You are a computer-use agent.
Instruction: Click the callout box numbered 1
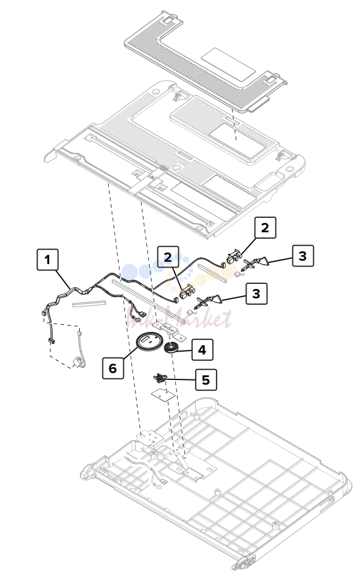click(x=47, y=260)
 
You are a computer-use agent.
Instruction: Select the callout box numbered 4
click(x=202, y=349)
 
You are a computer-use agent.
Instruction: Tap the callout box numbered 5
click(x=206, y=379)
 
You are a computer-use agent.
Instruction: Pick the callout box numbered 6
click(x=113, y=368)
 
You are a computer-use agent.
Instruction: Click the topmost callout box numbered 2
click(x=265, y=228)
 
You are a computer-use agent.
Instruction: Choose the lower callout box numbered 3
click(x=256, y=294)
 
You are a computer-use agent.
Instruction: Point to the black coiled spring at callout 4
click(x=171, y=348)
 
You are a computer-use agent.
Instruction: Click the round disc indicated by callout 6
click(x=150, y=341)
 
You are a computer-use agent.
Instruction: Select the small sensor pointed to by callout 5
click(x=160, y=378)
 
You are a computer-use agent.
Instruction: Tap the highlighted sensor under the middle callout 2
click(x=187, y=291)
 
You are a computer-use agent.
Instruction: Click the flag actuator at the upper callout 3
click(x=256, y=263)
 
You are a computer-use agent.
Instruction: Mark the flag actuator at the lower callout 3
click(x=210, y=300)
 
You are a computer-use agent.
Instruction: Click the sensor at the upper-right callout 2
click(x=234, y=257)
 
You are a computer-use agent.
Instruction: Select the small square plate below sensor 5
click(x=163, y=393)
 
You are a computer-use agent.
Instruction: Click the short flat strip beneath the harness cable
click(x=89, y=304)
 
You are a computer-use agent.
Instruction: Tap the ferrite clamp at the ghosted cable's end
click(x=78, y=362)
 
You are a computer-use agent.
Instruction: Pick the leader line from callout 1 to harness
click(x=63, y=280)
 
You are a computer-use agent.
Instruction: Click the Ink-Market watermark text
click(x=179, y=318)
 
